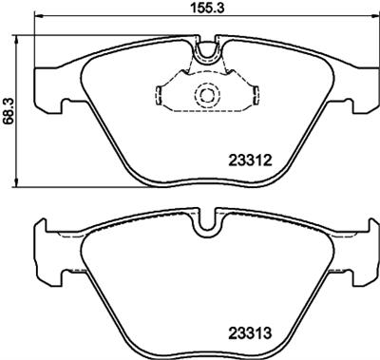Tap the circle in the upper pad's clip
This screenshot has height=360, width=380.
click(x=206, y=95)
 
